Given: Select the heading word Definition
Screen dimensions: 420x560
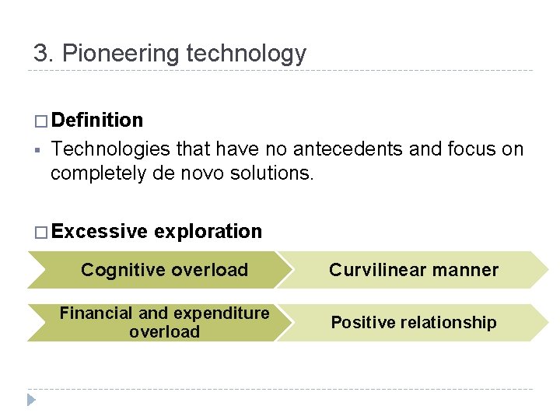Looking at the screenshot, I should tap(99, 121).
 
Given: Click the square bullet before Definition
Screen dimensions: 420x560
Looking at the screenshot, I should tap(40, 121).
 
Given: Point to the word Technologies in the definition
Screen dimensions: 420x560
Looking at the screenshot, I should tap(112, 149).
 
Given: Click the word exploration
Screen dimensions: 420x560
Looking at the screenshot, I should tap(208, 232).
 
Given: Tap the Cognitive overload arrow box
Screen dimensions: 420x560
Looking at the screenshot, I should tap(164, 271).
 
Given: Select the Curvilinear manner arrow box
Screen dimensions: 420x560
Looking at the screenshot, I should tap(413, 271).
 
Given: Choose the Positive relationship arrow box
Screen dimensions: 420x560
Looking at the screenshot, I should tap(413, 323).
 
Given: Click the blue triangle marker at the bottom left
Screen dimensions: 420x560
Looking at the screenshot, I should tap(31, 400).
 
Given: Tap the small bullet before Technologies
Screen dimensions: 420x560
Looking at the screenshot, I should tap(37, 149).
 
